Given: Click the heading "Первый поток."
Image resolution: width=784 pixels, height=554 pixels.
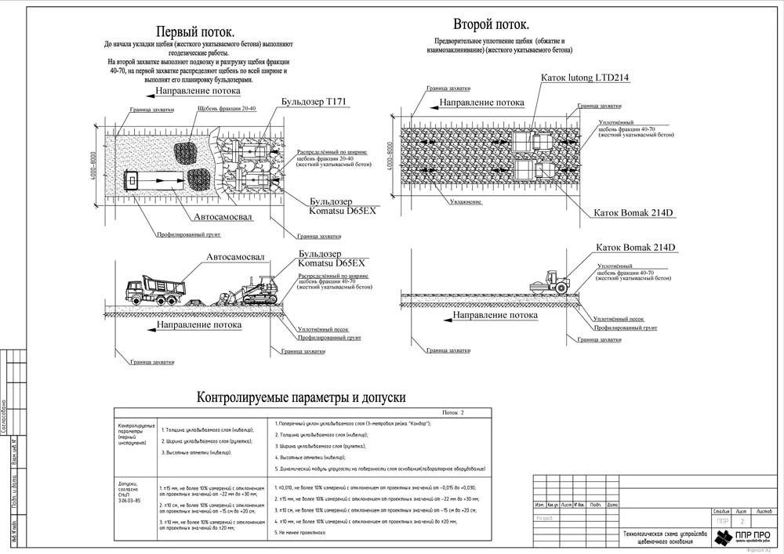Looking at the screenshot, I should pyautogui.click(x=194, y=32).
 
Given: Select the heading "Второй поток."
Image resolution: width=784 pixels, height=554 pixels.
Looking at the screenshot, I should pyautogui.click(x=491, y=24).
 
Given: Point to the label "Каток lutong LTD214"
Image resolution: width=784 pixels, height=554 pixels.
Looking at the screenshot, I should pyautogui.click(x=585, y=78).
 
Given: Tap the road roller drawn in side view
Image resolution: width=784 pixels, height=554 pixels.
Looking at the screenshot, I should pyautogui.click(x=550, y=282).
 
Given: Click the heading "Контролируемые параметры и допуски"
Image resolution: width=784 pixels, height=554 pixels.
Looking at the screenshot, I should pyautogui.click(x=301, y=397).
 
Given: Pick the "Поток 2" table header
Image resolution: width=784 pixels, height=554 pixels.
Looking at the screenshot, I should pyautogui.click(x=453, y=412).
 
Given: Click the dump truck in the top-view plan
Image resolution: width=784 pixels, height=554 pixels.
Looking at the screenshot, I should pyautogui.click(x=157, y=180).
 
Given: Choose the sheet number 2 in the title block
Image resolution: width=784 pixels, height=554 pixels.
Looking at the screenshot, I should pyautogui.click(x=743, y=520).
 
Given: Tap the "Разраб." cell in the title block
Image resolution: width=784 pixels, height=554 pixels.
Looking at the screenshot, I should pyautogui.click(x=545, y=518).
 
